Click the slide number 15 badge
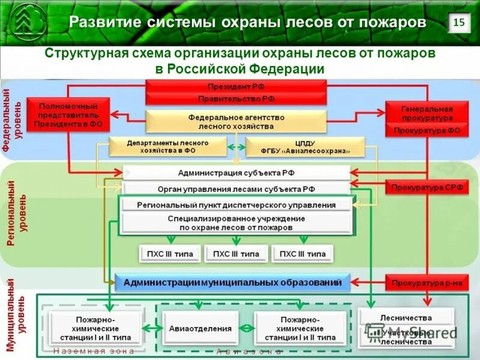(x=459, y=23)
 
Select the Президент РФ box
(x=236, y=86)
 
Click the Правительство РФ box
(x=236, y=98)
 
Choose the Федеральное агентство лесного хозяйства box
(x=236, y=122)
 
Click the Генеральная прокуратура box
(x=427, y=113)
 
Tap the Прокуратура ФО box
(x=427, y=130)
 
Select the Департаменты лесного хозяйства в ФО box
(x=167, y=148)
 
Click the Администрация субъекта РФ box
(x=236, y=173)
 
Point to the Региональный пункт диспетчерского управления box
(x=236, y=205)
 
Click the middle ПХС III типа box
(x=236, y=254)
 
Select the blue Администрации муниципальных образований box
(x=232, y=282)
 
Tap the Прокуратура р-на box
(x=427, y=282)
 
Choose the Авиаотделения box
(x=200, y=329)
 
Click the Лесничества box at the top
(x=406, y=317)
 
